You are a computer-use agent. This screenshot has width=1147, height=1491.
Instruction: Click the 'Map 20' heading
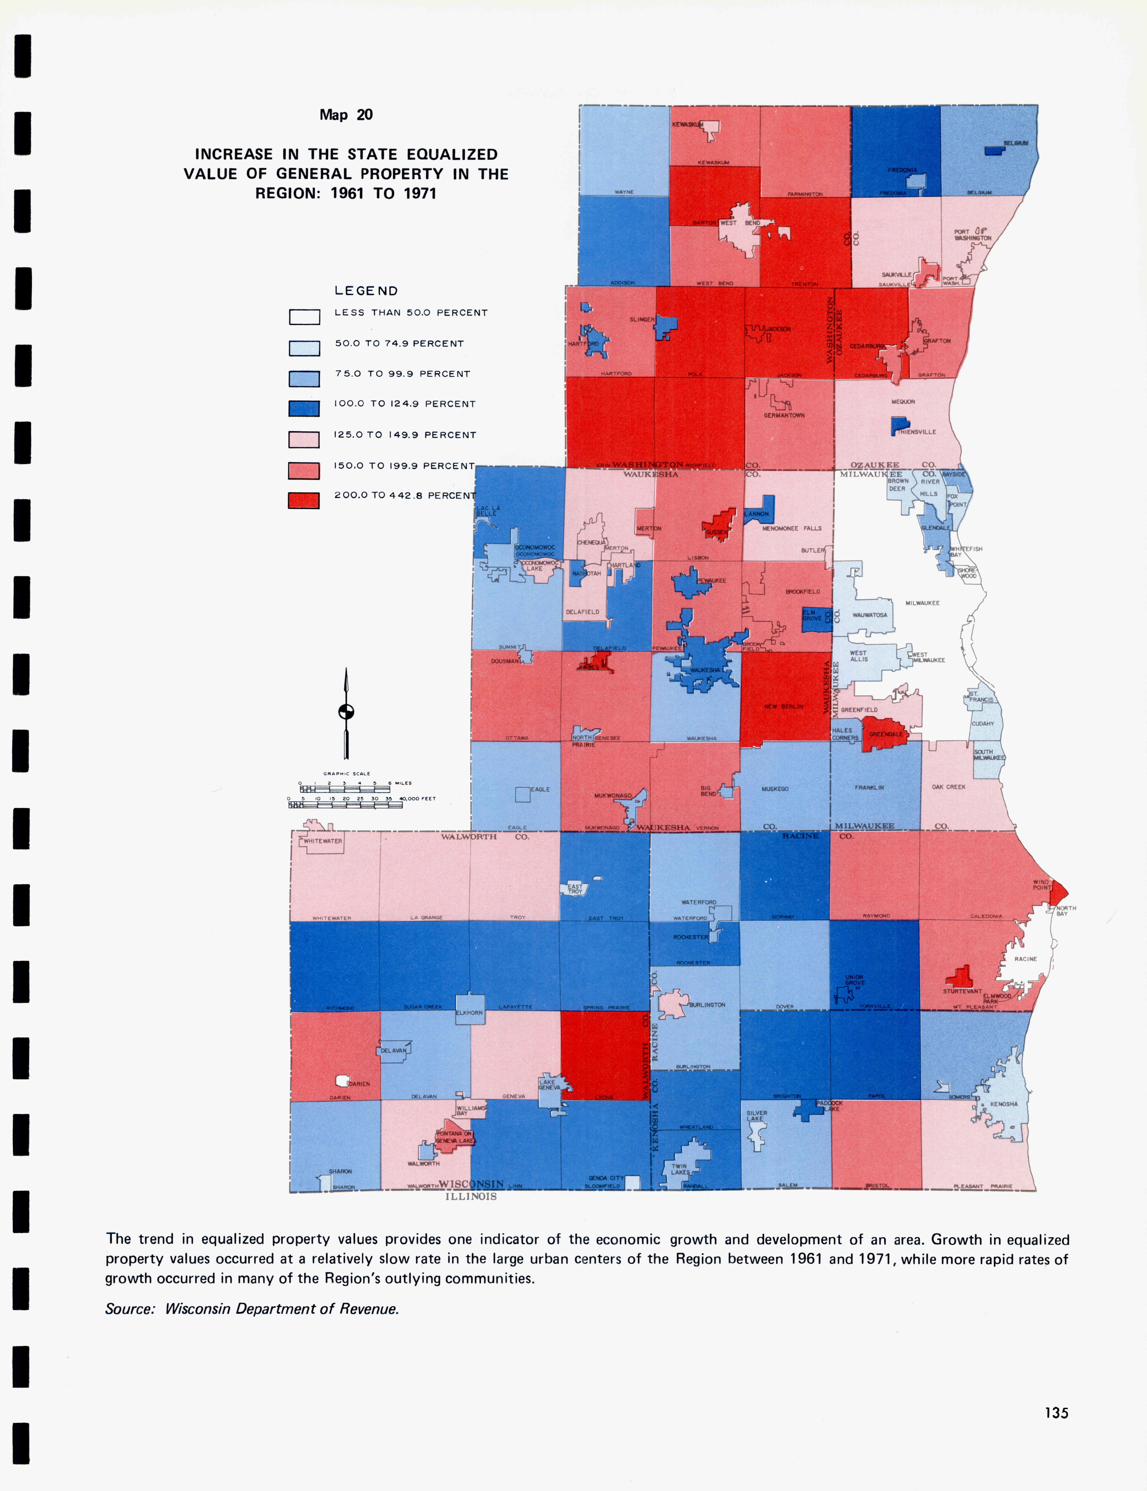point(346,115)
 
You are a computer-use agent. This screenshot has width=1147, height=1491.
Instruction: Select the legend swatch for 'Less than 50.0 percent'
point(304,317)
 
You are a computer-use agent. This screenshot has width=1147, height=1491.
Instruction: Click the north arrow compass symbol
point(346,712)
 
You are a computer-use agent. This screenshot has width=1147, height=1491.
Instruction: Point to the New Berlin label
point(783,707)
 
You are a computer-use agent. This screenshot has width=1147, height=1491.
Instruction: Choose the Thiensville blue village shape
point(899,426)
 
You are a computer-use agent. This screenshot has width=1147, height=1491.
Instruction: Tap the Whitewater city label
point(323,841)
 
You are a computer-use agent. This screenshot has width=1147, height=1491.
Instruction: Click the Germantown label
point(784,415)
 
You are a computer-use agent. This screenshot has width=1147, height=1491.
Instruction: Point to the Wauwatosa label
point(869,615)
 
